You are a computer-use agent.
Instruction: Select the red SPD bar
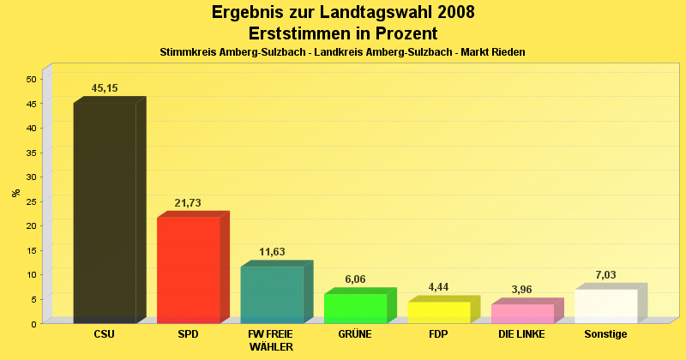click(x=188, y=269)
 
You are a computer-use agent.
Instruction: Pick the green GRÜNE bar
click(x=355, y=308)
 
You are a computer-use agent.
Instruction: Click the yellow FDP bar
click(x=438, y=312)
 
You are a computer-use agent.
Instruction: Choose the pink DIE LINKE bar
click(x=522, y=313)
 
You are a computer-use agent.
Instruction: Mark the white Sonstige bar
click(x=605, y=306)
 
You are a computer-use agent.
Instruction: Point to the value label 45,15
click(x=105, y=88)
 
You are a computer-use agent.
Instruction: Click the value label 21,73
click(x=188, y=202)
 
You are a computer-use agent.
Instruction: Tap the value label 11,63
click(x=272, y=252)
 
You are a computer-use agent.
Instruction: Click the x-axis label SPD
click(x=188, y=334)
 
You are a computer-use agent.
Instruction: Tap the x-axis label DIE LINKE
click(x=521, y=334)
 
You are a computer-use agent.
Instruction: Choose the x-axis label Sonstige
click(x=605, y=334)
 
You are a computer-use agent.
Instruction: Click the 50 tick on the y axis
click(x=31, y=79)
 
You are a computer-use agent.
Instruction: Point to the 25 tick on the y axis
click(x=31, y=201)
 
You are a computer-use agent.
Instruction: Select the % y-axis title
click(x=15, y=193)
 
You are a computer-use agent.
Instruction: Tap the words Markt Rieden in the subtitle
click(x=492, y=52)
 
